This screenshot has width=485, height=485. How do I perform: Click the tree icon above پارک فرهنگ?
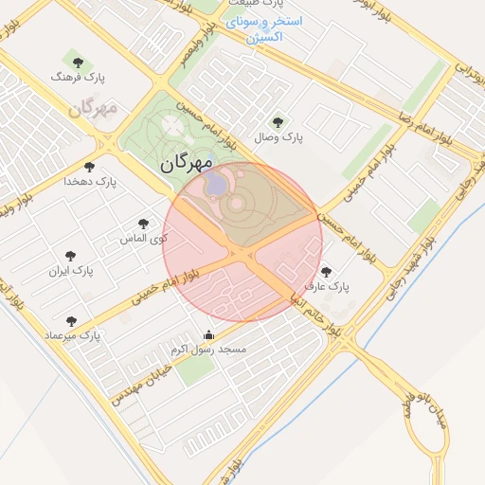[x=78, y=63]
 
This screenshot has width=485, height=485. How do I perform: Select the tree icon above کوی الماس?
[x=143, y=225]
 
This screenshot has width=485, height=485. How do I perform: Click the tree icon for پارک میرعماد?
[x=71, y=321]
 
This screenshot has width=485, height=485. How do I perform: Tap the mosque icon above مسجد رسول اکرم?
[x=209, y=334]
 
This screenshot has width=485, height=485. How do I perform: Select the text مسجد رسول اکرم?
[x=208, y=350]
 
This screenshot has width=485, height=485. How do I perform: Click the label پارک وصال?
[x=278, y=137]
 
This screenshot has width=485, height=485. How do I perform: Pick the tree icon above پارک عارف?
[x=326, y=272]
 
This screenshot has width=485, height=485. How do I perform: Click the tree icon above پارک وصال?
[x=278, y=121]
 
